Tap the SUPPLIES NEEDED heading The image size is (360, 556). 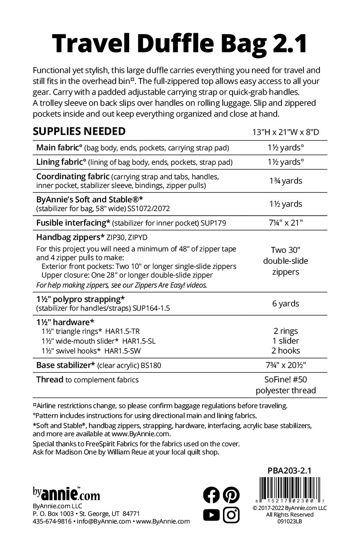79,131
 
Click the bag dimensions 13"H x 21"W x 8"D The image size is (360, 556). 286,133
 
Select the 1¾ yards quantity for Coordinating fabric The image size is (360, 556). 286,181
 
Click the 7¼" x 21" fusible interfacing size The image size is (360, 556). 286,223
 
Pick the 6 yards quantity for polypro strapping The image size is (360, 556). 286,304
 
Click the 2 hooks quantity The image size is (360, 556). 286,351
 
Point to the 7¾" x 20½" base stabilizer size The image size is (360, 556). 286,365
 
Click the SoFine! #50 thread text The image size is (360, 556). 286,380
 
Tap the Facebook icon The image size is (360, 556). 212,495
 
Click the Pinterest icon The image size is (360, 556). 231,495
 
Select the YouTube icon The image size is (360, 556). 212,515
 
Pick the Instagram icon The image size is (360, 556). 231,515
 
